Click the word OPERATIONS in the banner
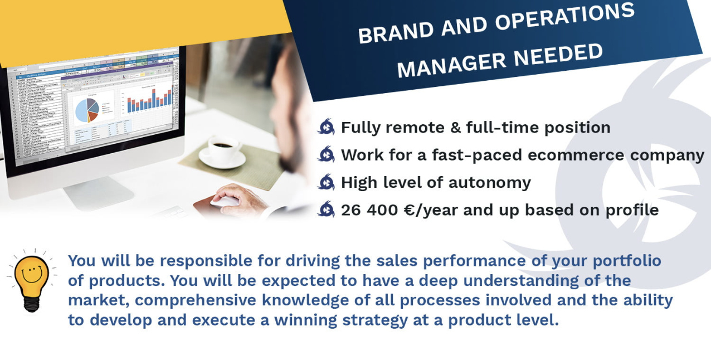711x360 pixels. (565, 17)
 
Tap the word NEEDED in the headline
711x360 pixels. (558, 56)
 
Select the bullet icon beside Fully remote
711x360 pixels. (327, 127)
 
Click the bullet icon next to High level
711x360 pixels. (327, 182)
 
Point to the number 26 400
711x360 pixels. (369, 210)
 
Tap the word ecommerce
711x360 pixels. (576, 155)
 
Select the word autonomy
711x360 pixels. (489, 183)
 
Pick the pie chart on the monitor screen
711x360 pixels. (87, 110)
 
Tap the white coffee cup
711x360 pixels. (222, 152)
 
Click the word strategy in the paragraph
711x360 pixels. (375, 320)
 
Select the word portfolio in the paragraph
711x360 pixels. (627, 261)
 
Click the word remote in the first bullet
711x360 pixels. (415, 127)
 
